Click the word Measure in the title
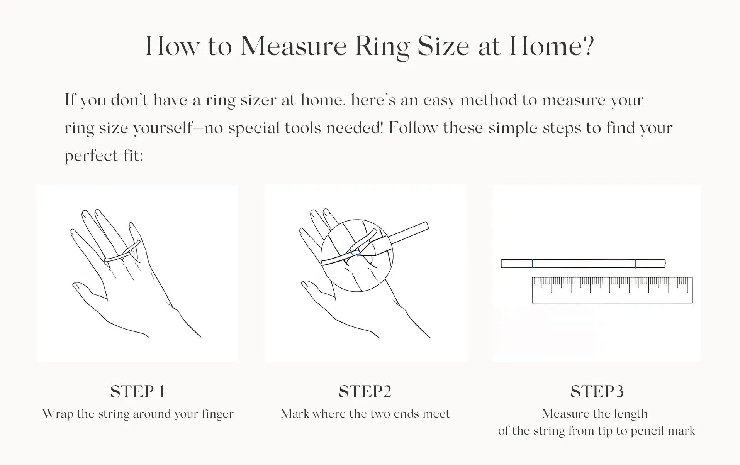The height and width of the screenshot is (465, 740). coord(294,46)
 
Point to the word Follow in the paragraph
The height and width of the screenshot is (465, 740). coord(413,128)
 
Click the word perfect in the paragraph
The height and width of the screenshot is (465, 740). coord(91,156)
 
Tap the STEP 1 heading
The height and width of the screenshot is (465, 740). coord(137,392)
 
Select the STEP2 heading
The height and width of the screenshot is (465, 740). coord(365,392)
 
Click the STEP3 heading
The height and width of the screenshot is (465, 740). coord(597,392)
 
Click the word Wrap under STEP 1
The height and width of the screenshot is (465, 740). coord(58,414)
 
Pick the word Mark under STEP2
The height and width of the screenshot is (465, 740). coord(295,414)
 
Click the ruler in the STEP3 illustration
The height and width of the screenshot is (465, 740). coord(612,290)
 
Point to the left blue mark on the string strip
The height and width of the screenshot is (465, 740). coord(532,264)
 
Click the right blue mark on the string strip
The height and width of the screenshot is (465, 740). coord(635,264)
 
